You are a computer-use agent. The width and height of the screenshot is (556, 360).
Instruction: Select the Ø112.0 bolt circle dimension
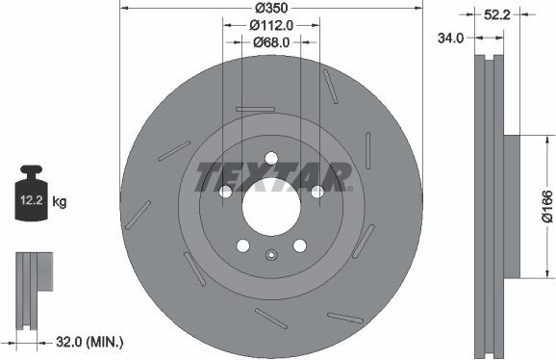(x=271, y=26)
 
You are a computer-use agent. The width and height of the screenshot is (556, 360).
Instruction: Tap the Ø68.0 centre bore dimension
(x=271, y=41)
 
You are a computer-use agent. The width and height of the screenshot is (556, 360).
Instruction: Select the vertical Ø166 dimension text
(x=545, y=205)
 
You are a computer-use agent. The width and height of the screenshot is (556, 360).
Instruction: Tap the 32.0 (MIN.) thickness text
(x=91, y=341)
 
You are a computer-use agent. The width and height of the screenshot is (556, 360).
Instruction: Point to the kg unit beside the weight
(x=60, y=202)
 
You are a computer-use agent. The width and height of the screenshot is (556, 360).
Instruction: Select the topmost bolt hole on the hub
(x=271, y=158)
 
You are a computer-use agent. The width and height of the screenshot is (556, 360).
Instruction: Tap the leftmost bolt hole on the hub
(x=225, y=192)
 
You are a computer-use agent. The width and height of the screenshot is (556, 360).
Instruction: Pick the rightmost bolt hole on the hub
(x=316, y=192)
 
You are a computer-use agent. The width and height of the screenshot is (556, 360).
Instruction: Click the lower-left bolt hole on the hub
(x=242, y=244)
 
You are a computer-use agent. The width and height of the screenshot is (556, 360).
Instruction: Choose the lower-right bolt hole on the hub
(x=299, y=244)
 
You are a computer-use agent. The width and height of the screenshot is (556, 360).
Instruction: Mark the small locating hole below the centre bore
(x=271, y=255)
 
